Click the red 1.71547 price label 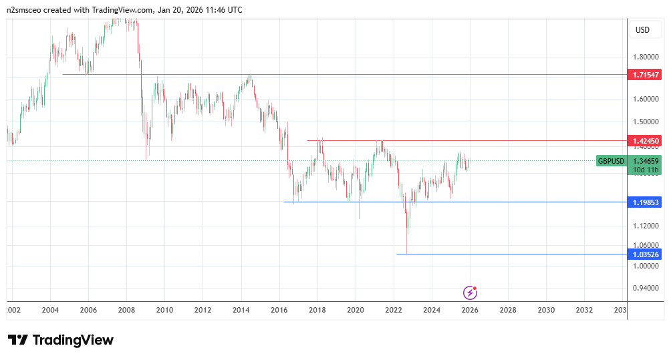click(646, 75)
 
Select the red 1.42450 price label click(646, 141)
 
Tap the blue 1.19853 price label click(646, 202)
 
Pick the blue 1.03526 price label click(646, 254)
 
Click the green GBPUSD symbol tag click(611, 161)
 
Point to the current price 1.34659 click(646, 161)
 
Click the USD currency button click(642, 30)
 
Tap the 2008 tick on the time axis click(126, 311)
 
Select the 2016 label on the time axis click(279, 311)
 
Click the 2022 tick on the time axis click(394, 311)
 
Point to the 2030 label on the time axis click(546, 311)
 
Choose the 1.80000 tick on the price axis click(646, 57)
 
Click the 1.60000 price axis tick click(646, 100)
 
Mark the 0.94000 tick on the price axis click(646, 289)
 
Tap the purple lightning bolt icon click(471, 292)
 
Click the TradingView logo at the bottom click(61, 340)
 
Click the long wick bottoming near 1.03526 click(406, 240)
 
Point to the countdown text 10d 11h click(646, 170)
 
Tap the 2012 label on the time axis click(203, 311)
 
